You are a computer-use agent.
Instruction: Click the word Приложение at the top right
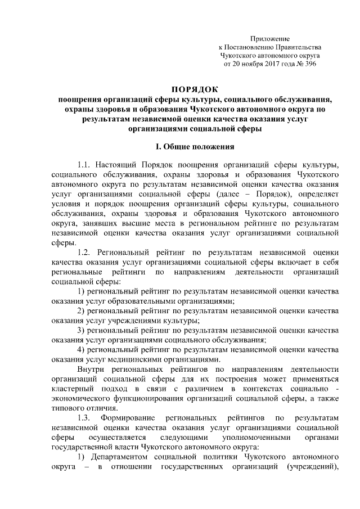pos(270,39)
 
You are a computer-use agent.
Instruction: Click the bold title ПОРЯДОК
pos(195,89)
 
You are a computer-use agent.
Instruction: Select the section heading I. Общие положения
pos(195,147)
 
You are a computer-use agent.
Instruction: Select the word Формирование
pos(130,420)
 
